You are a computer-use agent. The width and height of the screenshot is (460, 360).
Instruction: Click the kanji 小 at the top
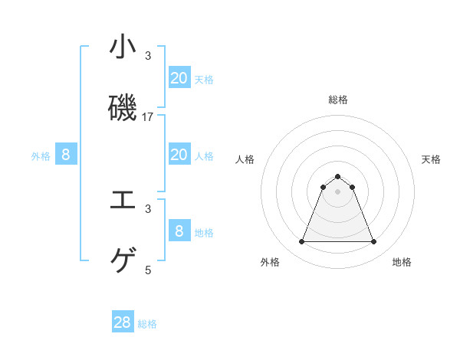pos(123,47)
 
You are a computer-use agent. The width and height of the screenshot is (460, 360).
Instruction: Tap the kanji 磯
pos(123,108)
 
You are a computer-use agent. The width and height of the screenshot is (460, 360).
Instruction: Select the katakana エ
pos(123,201)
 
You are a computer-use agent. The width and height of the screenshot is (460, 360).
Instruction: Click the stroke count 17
pos(148,117)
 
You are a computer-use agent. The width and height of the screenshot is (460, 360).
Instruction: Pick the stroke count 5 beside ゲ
pos(148,270)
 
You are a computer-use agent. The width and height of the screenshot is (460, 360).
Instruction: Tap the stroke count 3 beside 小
pos(148,56)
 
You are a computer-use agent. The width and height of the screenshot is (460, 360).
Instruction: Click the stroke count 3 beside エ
pos(148,208)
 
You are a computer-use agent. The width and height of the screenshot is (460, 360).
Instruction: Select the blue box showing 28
pos(123,322)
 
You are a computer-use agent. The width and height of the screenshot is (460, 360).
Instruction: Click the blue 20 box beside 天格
pos(179,77)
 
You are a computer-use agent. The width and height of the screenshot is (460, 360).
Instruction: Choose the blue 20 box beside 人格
pos(179,155)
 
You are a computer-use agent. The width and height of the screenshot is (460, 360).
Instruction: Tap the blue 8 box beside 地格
pos(179,231)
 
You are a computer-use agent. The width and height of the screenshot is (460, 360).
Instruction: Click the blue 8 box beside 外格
pos(66,155)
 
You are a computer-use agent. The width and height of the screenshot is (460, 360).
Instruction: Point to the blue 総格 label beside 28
pos(147,324)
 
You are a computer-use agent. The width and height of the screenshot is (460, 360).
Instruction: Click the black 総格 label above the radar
pos(337,100)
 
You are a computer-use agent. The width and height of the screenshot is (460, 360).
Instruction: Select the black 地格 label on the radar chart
pos(402,262)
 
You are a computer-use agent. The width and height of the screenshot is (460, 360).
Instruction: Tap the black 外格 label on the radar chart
pos(270,262)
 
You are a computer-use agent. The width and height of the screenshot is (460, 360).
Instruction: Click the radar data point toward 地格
pos(373,242)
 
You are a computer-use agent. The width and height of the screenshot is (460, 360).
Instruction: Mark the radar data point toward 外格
pos(301,242)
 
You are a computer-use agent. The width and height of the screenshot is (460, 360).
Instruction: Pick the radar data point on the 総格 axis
pos(337,177)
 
